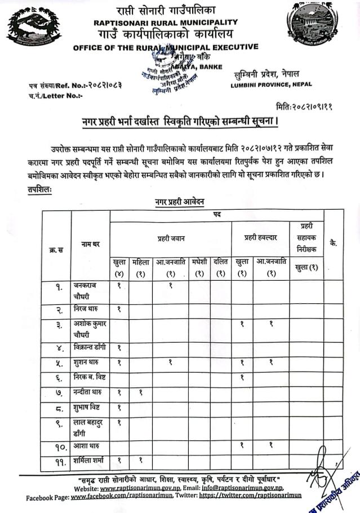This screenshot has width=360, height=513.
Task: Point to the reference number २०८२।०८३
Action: pyautogui.click(x=100, y=85)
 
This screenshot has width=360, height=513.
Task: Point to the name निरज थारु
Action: pyautogui.click(x=87, y=308)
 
